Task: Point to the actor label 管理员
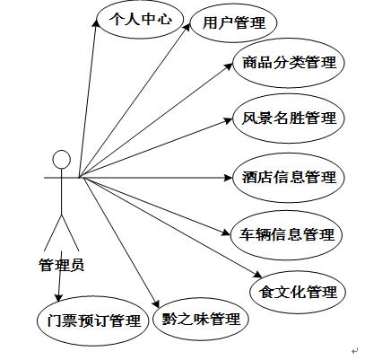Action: [62, 265]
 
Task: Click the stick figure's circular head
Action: [62, 159]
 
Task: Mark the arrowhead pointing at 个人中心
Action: [96, 23]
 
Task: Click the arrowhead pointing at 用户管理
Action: [187, 27]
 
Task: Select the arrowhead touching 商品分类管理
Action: [229, 66]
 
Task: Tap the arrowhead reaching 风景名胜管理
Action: [229, 120]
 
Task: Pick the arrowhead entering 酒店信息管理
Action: [228, 178]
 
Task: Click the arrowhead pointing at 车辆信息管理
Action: [226, 233]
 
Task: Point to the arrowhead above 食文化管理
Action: [258, 274]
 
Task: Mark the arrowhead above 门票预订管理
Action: [58, 298]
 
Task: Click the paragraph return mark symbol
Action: [355, 350]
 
